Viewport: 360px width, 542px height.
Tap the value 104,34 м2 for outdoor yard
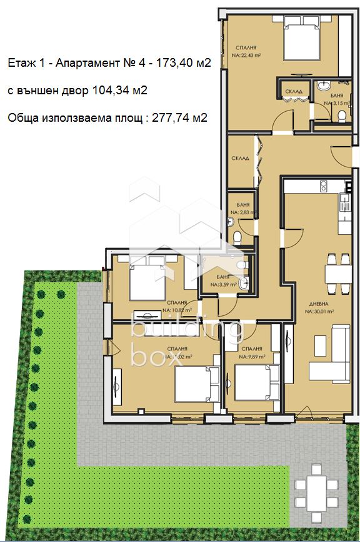[119, 91]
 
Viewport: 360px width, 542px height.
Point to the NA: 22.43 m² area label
[246, 56]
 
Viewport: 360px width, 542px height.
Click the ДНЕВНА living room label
[317, 303]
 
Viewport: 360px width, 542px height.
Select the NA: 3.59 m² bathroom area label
[222, 285]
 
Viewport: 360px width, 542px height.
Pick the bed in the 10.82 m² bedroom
[147, 279]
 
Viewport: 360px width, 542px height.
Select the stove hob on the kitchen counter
[323, 185]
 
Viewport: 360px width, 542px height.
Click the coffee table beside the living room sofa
[320, 343]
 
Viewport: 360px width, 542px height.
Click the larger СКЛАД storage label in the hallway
[240, 159]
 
